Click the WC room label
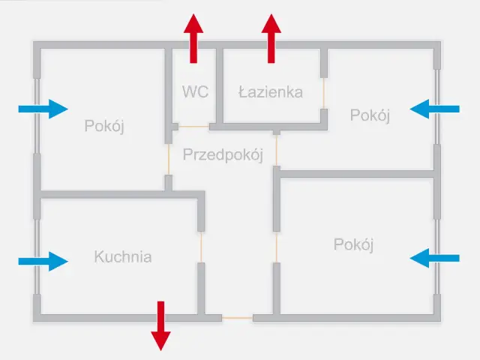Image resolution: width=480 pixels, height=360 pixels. click(x=195, y=91)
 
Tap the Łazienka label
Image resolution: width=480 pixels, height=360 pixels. click(x=271, y=92)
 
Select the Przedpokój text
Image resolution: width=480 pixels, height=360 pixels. click(x=223, y=155)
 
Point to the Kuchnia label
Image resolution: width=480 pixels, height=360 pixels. click(x=123, y=257)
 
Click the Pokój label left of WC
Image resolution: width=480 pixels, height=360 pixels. click(x=104, y=125)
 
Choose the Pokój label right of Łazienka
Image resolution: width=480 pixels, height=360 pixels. click(x=370, y=115)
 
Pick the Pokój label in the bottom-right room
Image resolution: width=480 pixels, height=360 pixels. click(x=354, y=244)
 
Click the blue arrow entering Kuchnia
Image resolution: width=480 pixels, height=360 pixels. click(x=43, y=260)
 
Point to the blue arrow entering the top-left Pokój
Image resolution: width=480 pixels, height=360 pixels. click(x=43, y=109)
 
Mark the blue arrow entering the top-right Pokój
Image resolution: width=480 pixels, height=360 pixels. click(x=435, y=109)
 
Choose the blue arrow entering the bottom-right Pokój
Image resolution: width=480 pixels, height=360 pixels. click(x=435, y=259)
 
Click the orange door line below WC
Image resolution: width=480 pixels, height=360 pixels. click(x=193, y=126)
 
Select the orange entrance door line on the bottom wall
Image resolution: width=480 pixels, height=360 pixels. click(x=237, y=319)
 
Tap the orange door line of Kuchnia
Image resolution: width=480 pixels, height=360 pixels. click(x=201, y=247)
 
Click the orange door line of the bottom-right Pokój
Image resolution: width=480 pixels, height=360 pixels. click(x=277, y=247)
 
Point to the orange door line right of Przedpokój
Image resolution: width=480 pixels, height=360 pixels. click(x=277, y=151)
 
